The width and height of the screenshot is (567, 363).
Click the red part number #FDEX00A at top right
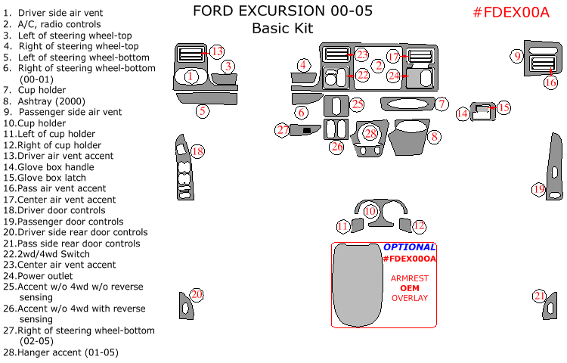[x=510, y=12]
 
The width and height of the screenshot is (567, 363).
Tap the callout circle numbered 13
[x=217, y=51]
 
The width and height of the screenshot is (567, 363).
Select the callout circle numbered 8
[x=435, y=137]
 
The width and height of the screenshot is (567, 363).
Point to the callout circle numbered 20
[x=197, y=294]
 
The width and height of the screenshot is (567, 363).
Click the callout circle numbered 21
[x=539, y=296]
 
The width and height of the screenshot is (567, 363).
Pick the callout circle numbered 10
[x=370, y=212]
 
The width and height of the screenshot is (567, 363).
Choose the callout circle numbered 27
[x=282, y=130]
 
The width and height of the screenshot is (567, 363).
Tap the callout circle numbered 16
[x=550, y=82]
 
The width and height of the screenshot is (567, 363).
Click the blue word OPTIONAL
[x=409, y=247]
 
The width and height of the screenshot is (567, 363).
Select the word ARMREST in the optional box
[x=409, y=278]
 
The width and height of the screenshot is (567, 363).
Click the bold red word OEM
[x=409, y=288]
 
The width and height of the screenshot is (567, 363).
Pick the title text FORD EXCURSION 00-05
[x=282, y=11]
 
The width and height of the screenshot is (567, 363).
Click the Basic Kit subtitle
[x=282, y=29]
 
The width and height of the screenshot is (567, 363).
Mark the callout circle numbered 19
[x=538, y=189]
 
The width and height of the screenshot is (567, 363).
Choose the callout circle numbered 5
[x=202, y=111]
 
